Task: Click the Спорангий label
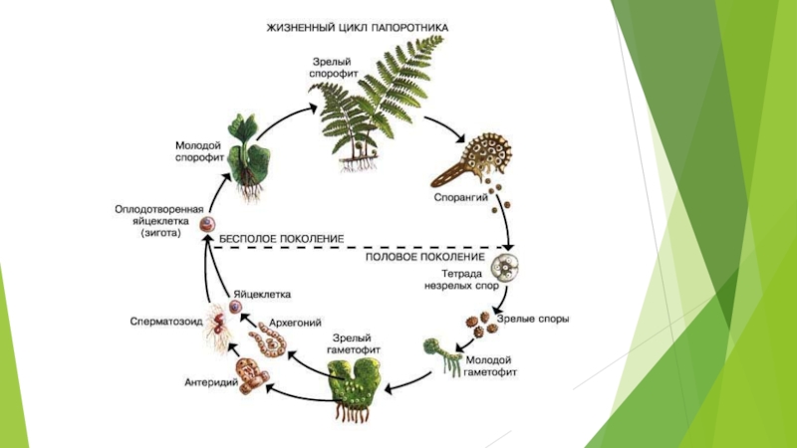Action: tap(459, 197)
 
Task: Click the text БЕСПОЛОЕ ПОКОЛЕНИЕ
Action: tap(280, 239)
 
